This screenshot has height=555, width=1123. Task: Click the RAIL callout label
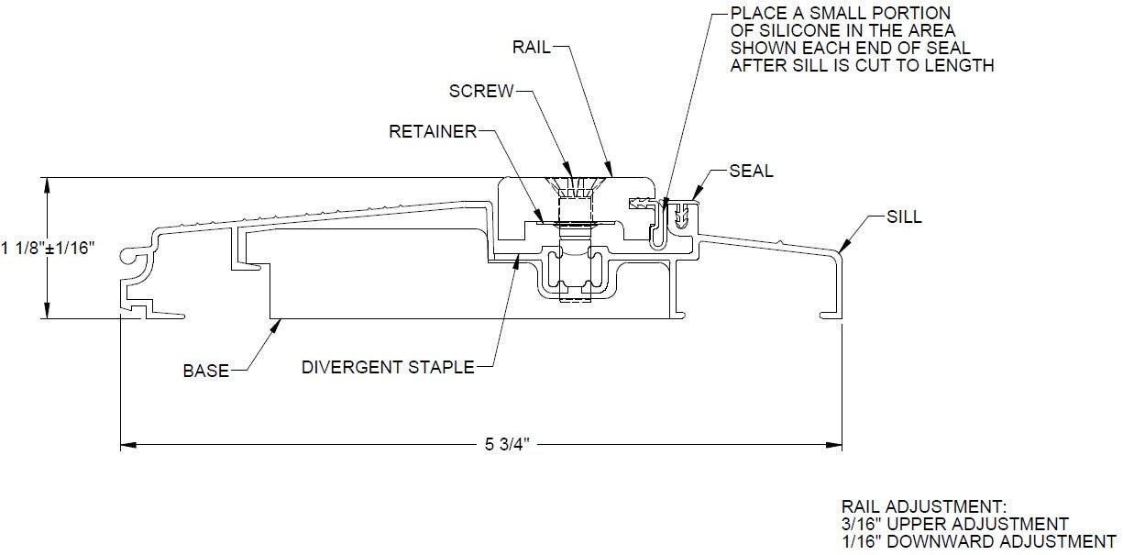click(x=533, y=48)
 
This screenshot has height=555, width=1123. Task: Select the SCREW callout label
click(x=480, y=91)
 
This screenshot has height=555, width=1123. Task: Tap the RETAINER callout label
click(x=433, y=132)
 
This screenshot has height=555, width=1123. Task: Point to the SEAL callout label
click(x=751, y=172)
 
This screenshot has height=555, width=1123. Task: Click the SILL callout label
click(x=904, y=217)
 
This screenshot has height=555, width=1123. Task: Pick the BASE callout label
click(x=205, y=372)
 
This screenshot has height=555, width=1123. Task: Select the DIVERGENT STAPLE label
click(x=388, y=368)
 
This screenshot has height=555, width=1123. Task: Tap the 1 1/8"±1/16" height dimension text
click(x=48, y=248)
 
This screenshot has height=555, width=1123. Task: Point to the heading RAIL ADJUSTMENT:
click(x=923, y=506)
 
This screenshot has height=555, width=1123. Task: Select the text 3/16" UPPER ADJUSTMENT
click(x=954, y=524)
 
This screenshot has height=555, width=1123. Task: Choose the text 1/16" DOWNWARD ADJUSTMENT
click(x=978, y=541)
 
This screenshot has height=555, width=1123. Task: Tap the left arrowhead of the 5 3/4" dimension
click(x=127, y=446)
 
